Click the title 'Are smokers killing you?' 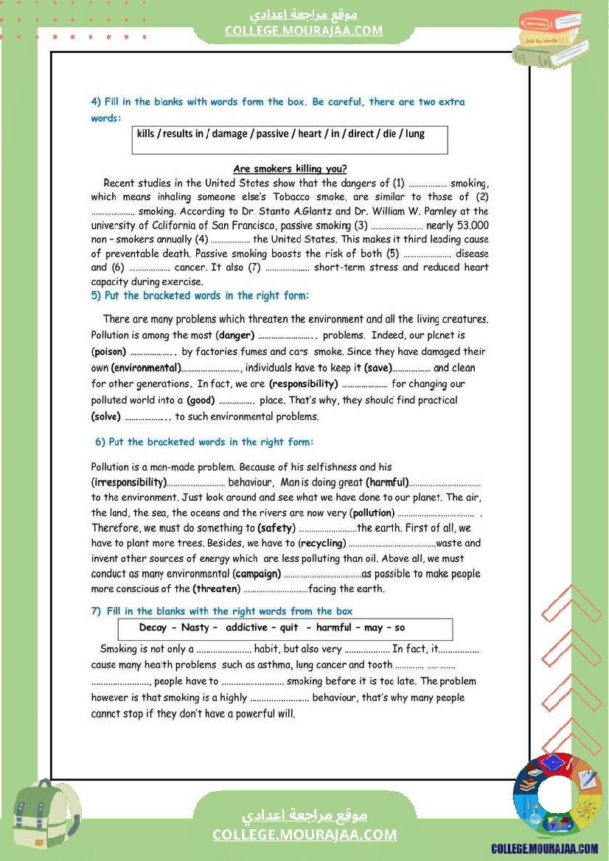pos(290,169)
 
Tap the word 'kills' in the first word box pos(146,134)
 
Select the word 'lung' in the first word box pos(415,134)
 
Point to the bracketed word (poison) pos(108,352)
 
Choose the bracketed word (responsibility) pos(303,384)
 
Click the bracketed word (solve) pos(106,417)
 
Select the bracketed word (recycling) pos(321,544)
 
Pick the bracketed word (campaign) pos(257,574)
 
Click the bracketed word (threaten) pos(216,589)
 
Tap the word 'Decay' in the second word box pos(153,628)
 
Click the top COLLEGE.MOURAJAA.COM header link pos(304,31)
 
